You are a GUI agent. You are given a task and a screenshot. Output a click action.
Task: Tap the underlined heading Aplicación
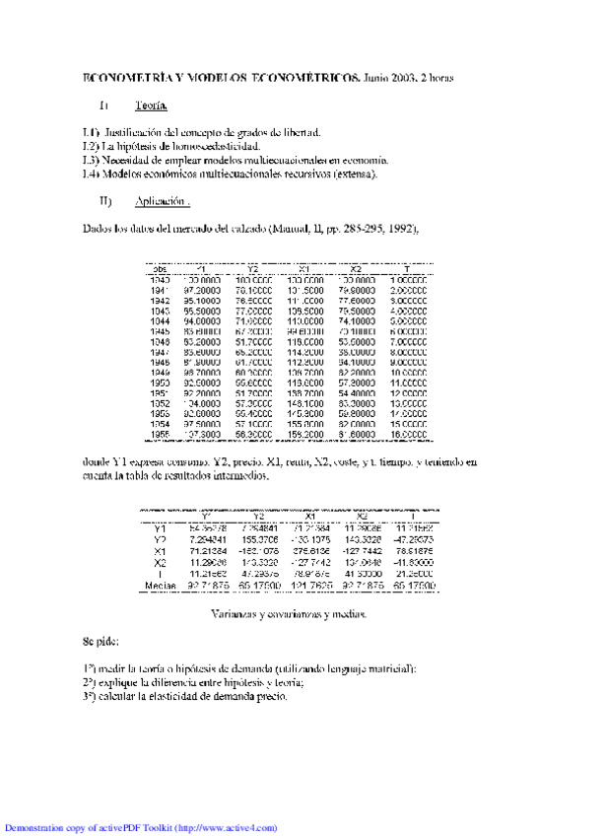coord(161,200)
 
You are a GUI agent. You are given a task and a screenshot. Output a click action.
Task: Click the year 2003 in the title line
coord(403,76)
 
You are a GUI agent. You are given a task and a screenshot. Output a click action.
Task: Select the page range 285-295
coord(359,229)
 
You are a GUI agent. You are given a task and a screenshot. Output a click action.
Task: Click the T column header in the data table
coord(407,268)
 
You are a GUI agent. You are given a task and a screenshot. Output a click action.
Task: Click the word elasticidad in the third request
coord(186,696)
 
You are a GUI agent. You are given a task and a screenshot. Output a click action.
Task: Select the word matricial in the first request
coord(388,668)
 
